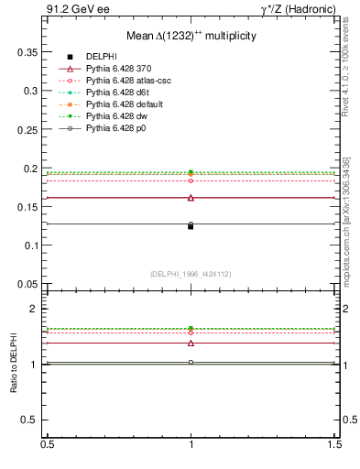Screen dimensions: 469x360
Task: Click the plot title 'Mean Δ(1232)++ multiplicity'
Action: pyautogui.click(x=191, y=35)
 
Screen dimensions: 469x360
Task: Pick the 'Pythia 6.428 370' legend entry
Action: pyautogui.click(x=115, y=69)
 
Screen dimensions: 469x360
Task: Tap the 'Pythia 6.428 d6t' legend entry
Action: pyautogui.click(x=115, y=93)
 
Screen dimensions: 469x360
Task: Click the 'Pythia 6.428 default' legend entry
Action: pyautogui.click(x=122, y=104)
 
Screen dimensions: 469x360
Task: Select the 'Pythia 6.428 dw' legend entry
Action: pyautogui.click(x=115, y=116)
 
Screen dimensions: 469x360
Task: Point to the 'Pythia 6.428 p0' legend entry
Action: pyautogui.click(x=115, y=128)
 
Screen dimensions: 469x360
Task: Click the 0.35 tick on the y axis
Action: pyautogui.click(x=29, y=53)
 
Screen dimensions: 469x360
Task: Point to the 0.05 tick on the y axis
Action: pyautogui.click(x=29, y=285)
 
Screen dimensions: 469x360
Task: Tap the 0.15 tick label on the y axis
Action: pyautogui.click(x=29, y=208)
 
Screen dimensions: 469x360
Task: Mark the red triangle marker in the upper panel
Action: pyautogui.click(x=191, y=198)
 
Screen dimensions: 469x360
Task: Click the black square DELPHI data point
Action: pyautogui.click(x=191, y=226)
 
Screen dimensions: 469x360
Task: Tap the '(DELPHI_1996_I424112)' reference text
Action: pyautogui.click(x=191, y=274)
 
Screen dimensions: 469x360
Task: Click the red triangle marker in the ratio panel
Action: pyautogui.click(x=191, y=344)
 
